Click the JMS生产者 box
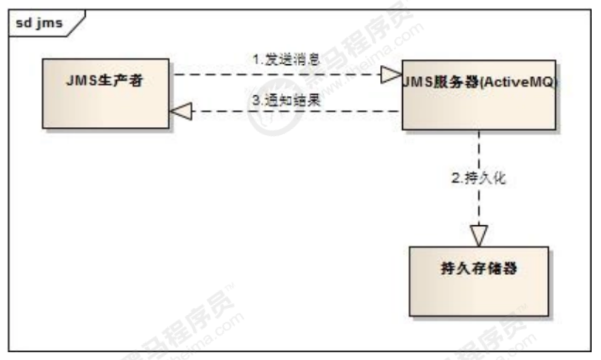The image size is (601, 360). [106, 94]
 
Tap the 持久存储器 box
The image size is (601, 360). [479, 281]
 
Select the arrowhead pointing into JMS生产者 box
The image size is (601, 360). [181, 111]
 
